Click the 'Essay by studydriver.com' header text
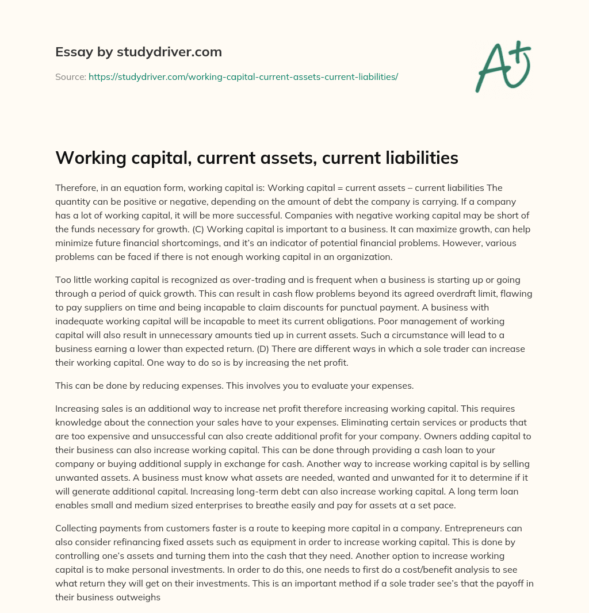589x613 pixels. pyautogui.click(x=138, y=52)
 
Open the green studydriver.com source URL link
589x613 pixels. pyautogui.click(x=243, y=76)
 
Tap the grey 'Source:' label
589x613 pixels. pyautogui.click(x=70, y=76)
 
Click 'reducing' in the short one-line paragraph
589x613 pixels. pyautogui.click(x=165, y=386)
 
